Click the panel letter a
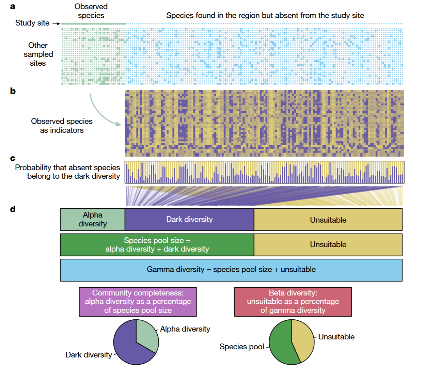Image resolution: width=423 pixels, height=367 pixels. click(13, 6)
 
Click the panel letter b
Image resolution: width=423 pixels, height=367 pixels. click(13, 91)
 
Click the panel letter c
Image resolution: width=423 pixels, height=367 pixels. click(13, 158)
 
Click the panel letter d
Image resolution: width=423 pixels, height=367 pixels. click(13, 209)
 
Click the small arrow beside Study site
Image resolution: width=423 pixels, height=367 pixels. click(56, 23)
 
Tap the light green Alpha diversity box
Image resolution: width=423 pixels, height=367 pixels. click(93, 220)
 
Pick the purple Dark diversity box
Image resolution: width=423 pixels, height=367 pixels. click(189, 220)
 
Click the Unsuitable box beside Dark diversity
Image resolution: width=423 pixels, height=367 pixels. click(328, 220)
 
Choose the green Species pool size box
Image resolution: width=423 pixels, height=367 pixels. click(157, 244)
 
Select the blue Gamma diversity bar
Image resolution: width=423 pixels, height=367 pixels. click(231, 270)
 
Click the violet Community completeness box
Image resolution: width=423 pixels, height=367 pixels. click(138, 302)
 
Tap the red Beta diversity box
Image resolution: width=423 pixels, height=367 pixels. click(293, 302)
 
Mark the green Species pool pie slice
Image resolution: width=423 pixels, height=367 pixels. click(281, 344)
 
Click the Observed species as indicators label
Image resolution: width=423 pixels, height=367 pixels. click(62, 126)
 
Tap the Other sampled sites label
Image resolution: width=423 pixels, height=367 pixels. click(38, 54)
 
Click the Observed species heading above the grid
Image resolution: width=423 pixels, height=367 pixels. click(91, 11)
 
